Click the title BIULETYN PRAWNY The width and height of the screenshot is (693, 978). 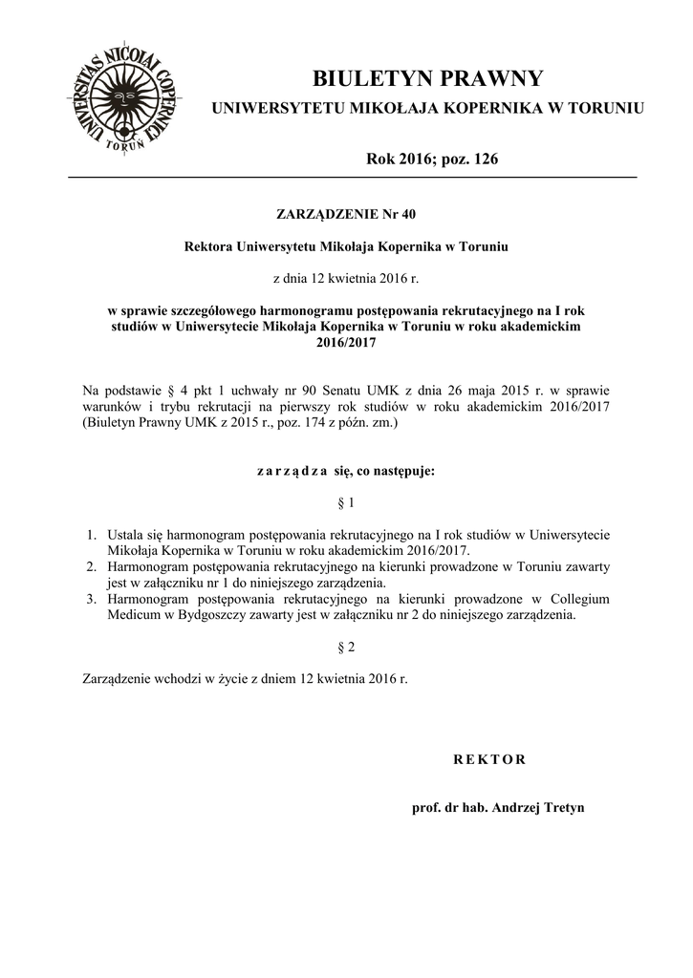pos(427,77)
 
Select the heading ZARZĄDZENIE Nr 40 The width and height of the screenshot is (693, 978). pos(346,212)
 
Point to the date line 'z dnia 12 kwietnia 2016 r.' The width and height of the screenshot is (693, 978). pos(346,278)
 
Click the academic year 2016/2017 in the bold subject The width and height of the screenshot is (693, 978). pos(346,341)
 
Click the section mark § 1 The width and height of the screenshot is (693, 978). pos(346,502)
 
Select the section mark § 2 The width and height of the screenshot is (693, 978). pos(346,648)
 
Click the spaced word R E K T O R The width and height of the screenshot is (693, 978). pos(488,759)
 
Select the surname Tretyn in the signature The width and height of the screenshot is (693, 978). pos(563,807)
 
